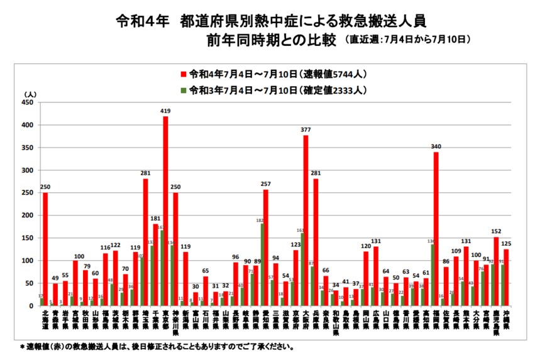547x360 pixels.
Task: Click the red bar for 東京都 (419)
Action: click(165, 211)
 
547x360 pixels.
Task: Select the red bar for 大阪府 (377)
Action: click(306, 221)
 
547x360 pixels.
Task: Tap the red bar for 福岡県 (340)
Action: click(436, 229)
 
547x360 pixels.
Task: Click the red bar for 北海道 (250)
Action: click(45, 249)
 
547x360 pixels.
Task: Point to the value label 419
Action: click(165, 111)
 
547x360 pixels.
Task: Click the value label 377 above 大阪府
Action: click(306, 130)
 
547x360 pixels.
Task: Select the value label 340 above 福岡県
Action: click(436, 147)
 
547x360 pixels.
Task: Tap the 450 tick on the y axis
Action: click(26, 102)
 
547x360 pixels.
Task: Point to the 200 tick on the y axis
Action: click(26, 215)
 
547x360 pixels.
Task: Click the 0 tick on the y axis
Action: click(31, 306)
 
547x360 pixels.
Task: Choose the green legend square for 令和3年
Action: click(184, 90)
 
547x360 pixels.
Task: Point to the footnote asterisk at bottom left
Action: click(22, 346)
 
